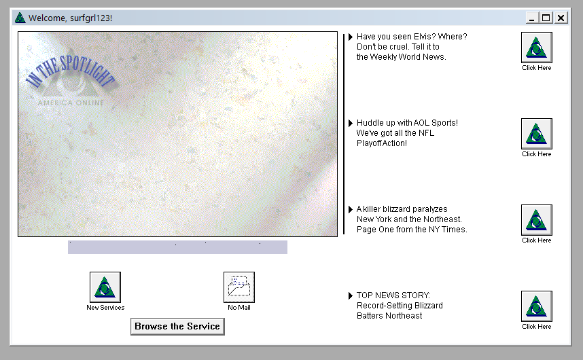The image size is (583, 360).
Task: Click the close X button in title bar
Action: (x=561, y=18)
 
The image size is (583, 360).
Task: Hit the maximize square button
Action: (x=546, y=18)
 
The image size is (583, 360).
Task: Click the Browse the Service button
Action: (x=177, y=327)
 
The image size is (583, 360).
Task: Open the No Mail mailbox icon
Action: (x=239, y=287)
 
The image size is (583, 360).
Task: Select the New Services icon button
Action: (x=105, y=287)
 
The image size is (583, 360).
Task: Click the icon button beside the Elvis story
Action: (x=537, y=47)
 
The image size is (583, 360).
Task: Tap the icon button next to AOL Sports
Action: (x=537, y=134)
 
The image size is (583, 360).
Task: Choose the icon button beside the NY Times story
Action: (x=537, y=220)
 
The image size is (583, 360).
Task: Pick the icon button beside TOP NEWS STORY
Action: (x=537, y=306)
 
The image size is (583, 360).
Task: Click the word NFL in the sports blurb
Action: (x=426, y=133)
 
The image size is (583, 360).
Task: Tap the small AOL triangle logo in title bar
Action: (x=20, y=18)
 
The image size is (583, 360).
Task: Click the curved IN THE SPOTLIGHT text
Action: (x=70, y=71)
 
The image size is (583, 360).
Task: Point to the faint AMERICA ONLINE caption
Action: (x=71, y=103)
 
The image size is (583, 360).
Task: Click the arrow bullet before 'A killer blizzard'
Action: (x=350, y=209)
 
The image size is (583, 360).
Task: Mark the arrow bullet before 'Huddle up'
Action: (x=350, y=123)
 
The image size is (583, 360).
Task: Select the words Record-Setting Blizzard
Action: (x=400, y=306)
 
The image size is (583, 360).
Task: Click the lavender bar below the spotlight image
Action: (x=177, y=247)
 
